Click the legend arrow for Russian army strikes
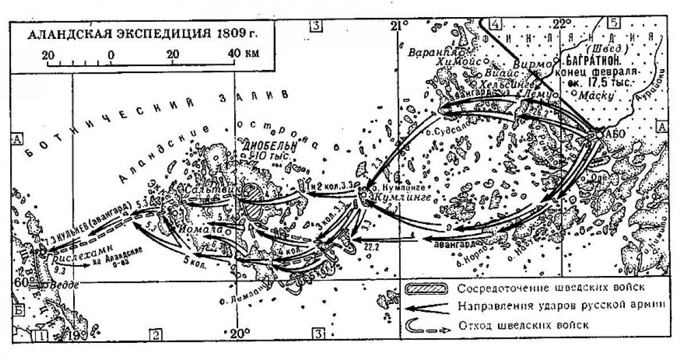[x=428, y=306]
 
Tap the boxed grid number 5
[x=614, y=23]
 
